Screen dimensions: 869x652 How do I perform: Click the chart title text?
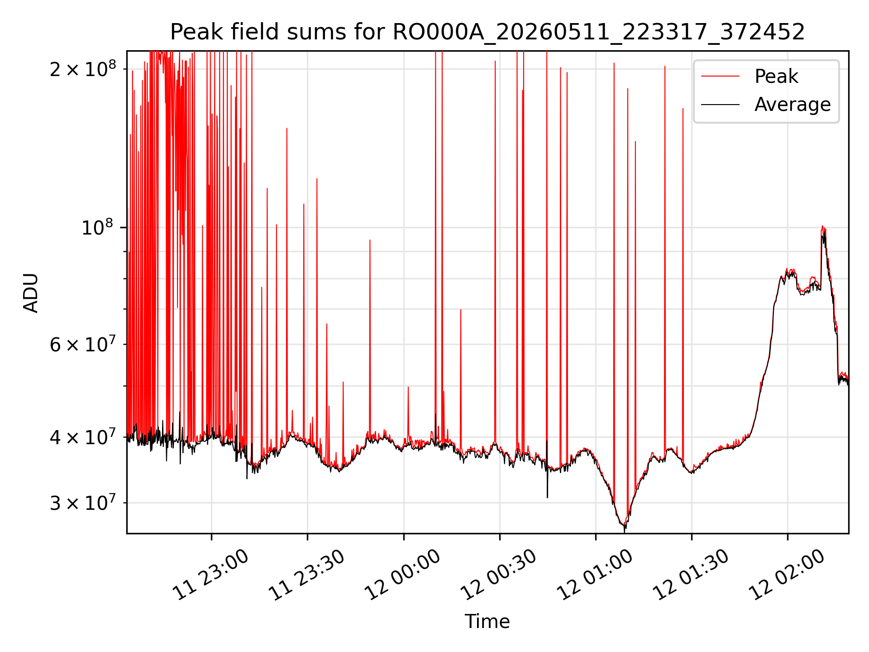tap(487, 32)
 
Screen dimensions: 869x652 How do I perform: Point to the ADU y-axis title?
tap(31, 292)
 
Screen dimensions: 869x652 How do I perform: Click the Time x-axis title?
tap(487, 621)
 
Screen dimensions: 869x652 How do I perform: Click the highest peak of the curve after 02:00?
tap(822, 226)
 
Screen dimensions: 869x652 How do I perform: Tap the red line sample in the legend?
tap(721, 77)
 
